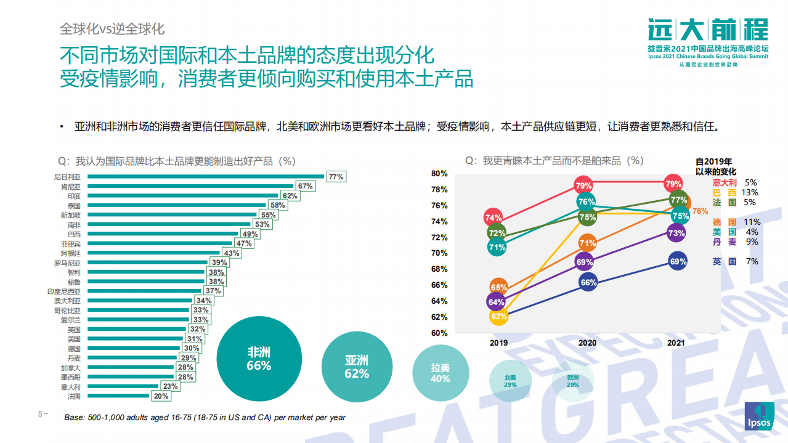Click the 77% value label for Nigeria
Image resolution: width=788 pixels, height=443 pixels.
(336, 177)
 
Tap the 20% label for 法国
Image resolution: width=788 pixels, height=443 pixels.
(161, 397)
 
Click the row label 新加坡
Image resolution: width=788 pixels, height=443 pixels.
(69, 215)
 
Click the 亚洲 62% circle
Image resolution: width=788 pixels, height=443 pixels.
(357, 367)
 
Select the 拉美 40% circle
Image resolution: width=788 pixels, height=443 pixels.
(441, 373)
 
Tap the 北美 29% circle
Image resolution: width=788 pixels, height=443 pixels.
(510, 381)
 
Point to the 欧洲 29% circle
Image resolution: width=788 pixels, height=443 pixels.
(572, 381)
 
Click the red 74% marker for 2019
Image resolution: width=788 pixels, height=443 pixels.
(493, 217)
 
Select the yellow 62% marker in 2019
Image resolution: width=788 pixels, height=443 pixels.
(499, 317)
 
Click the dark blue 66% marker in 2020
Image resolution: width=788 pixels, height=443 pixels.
(588, 283)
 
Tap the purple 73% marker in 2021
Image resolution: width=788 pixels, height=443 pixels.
(676, 234)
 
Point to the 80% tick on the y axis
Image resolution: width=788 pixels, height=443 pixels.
(439, 174)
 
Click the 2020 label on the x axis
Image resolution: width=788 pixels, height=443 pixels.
(587, 342)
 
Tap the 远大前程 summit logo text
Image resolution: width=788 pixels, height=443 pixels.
(708, 30)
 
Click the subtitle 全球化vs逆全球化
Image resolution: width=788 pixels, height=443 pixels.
(112, 29)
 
